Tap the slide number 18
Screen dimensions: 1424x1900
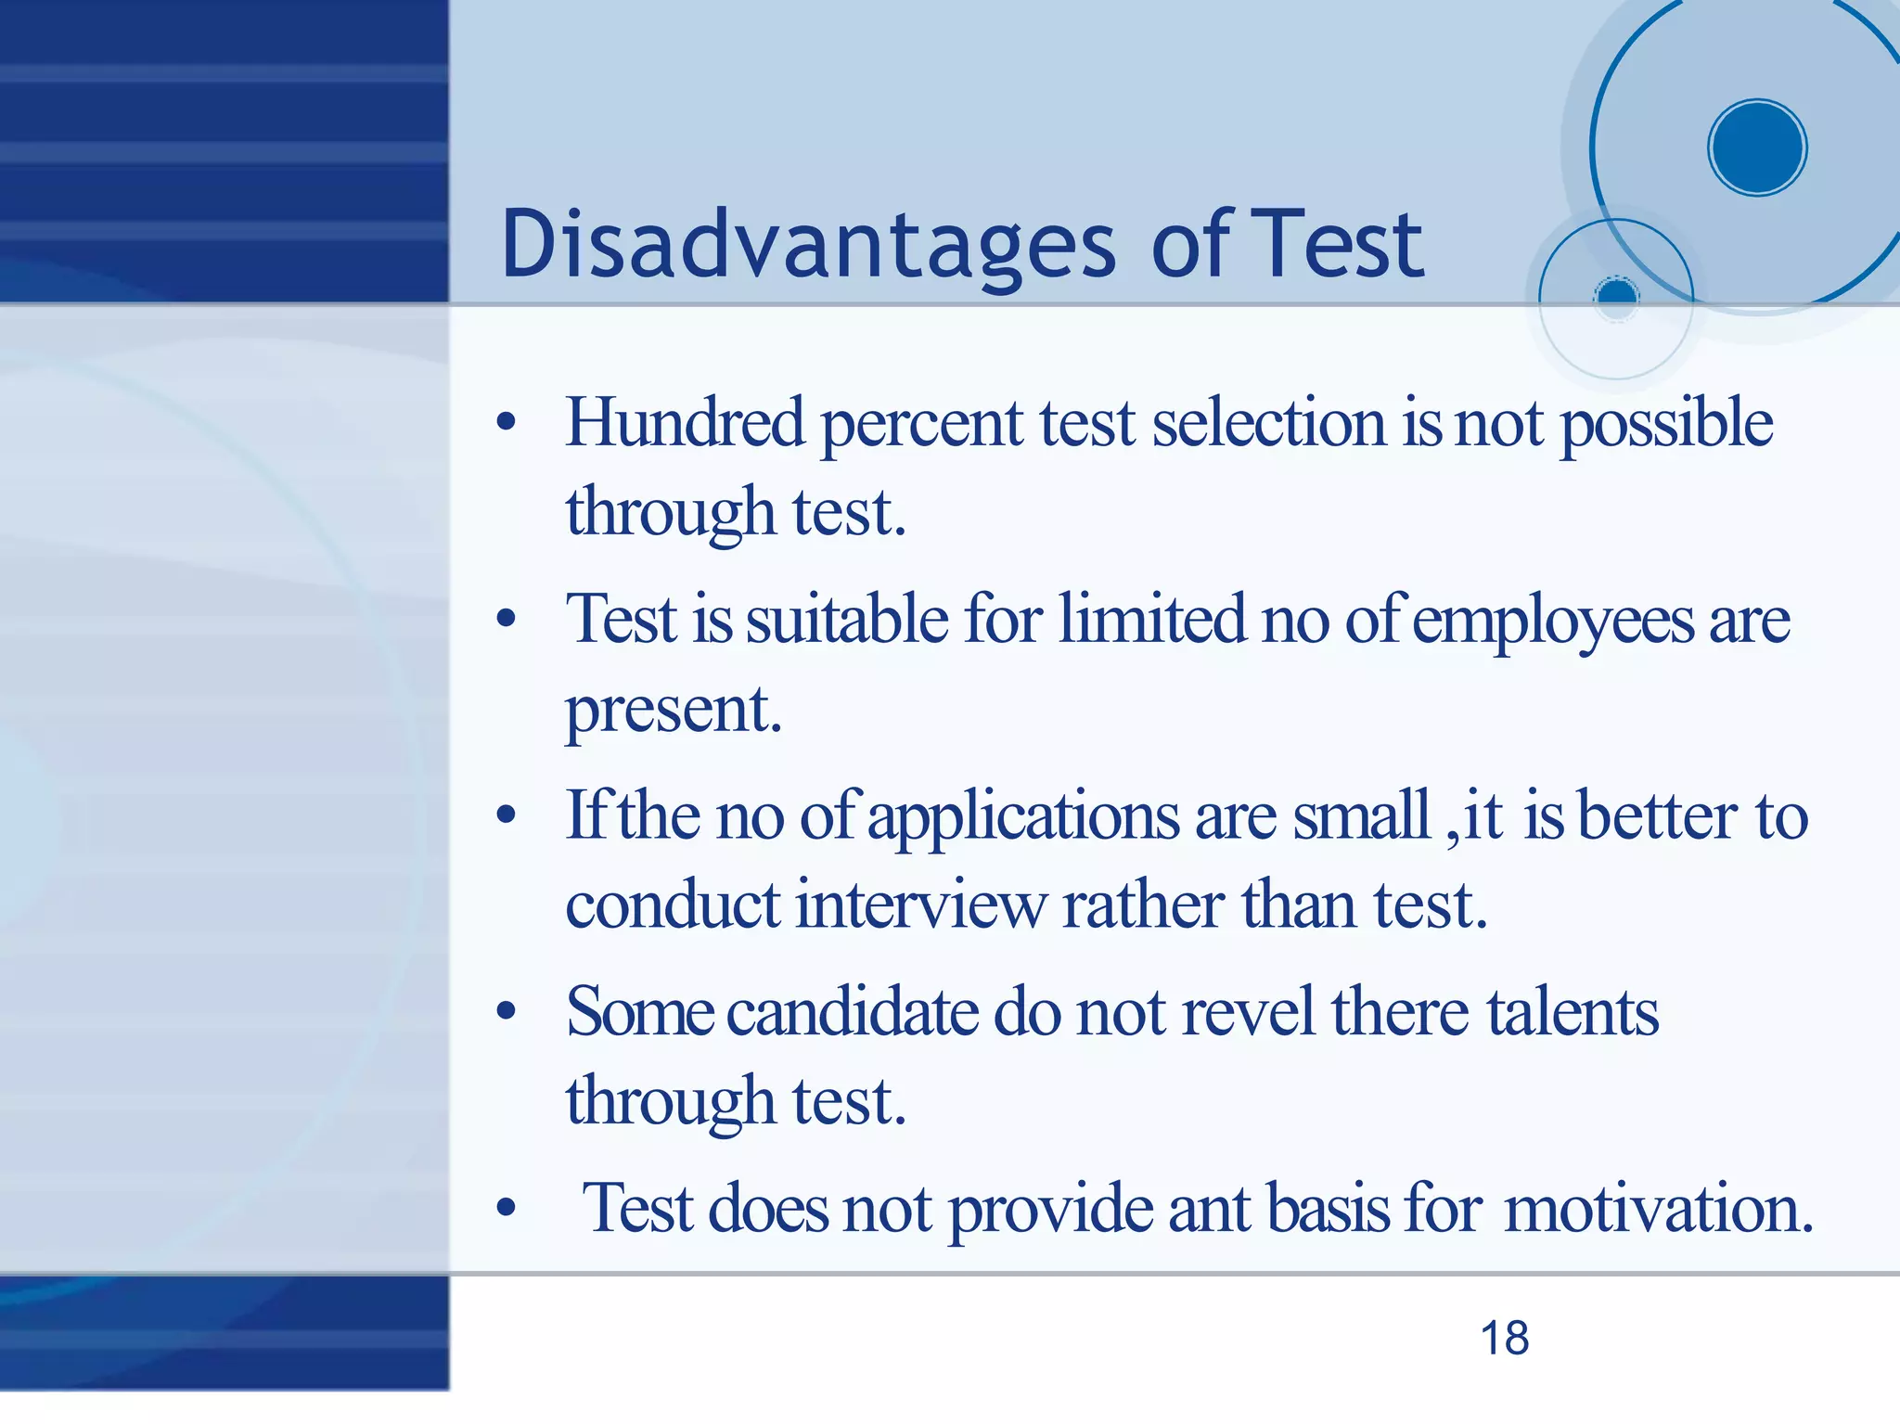pos(1504,1339)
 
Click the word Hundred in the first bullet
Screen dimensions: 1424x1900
pos(685,423)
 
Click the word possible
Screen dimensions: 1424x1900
pos(1666,425)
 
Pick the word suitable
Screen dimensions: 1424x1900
pos(847,619)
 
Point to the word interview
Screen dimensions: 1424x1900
pos(920,904)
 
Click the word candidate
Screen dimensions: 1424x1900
pos(852,1011)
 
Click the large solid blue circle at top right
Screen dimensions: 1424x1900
pos(1756,148)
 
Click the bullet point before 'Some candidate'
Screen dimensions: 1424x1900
pos(506,1012)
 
